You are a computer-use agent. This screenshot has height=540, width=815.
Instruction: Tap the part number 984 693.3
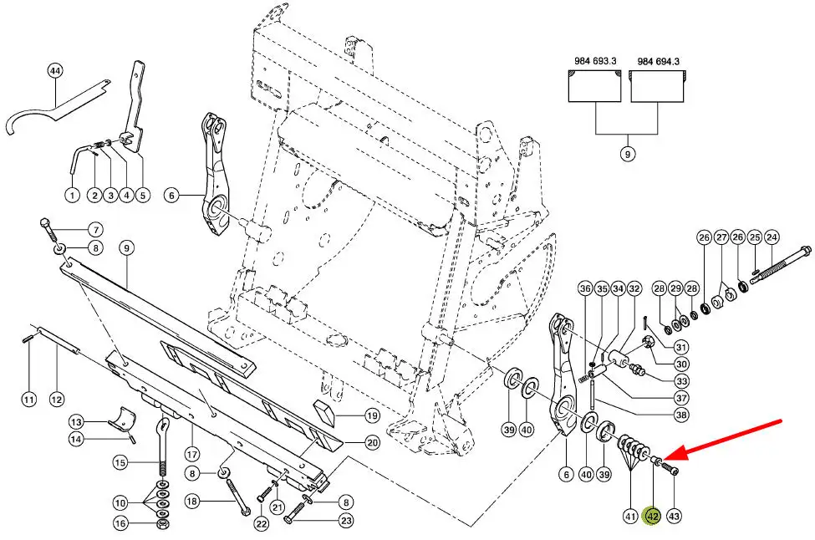[x=595, y=61]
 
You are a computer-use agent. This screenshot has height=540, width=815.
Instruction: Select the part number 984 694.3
[x=658, y=61]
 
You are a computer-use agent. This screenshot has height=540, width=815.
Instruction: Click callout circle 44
[x=55, y=72]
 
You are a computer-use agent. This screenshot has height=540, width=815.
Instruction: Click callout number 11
[x=29, y=400]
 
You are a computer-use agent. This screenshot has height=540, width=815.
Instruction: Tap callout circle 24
[x=772, y=237]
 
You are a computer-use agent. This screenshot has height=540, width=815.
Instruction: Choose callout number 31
[x=681, y=349]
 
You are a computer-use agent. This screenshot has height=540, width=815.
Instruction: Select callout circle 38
[x=681, y=415]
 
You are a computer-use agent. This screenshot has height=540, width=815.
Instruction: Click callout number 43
[x=674, y=517]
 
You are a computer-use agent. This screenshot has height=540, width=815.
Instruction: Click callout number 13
[x=76, y=421]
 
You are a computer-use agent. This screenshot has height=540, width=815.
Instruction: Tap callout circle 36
[x=585, y=289]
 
